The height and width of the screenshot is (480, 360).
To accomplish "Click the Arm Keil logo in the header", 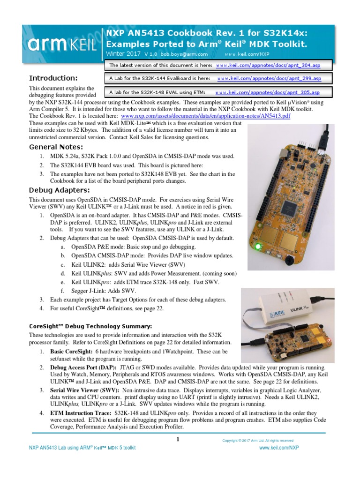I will click(x=62, y=45).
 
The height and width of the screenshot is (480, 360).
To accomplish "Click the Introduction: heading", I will click(x=53, y=78).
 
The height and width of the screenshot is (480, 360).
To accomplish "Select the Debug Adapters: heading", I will click(x=59, y=190).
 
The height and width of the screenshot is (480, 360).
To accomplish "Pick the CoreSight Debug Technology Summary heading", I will click(x=90, y=326).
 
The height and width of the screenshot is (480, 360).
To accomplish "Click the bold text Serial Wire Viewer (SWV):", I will click(x=84, y=390).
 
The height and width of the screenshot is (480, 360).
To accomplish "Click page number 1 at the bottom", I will click(x=178, y=439).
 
